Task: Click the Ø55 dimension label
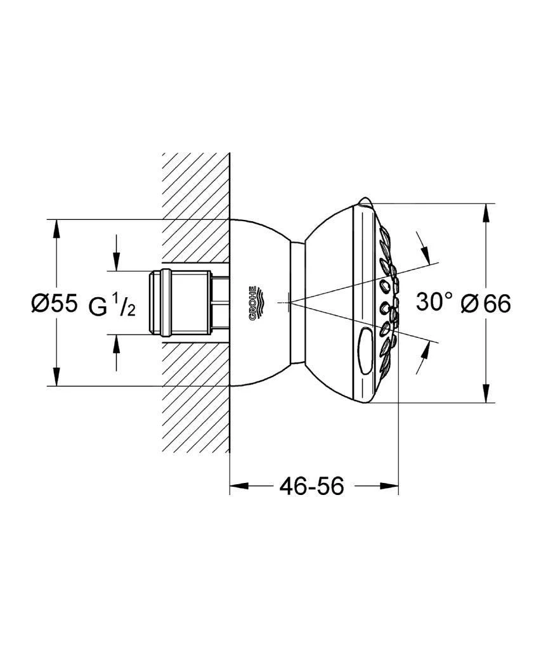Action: (54, 304)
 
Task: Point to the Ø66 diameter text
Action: (486, 304)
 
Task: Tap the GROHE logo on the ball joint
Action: (254, 304)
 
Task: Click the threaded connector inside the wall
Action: (184, 303)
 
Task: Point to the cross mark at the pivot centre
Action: (288, 303)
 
